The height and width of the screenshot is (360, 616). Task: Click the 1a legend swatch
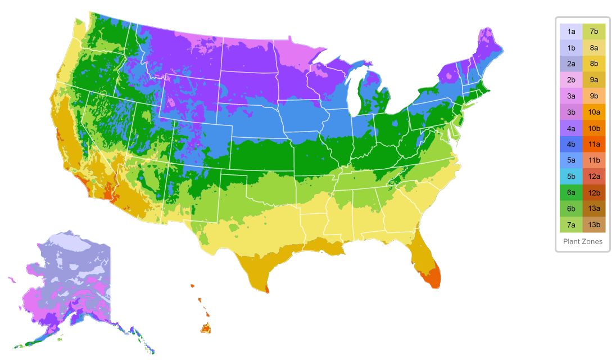coord(571,31)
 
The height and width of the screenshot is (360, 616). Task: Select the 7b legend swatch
coord(594,31)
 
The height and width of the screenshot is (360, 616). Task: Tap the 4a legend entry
coord(571,128)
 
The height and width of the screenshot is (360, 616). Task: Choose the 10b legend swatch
coord(594,128)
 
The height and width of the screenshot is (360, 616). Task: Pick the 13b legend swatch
coord(594,225)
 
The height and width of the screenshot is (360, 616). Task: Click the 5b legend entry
coord(571,177)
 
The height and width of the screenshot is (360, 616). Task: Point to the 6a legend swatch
coord(571,193)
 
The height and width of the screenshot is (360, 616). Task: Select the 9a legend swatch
coord(594,80)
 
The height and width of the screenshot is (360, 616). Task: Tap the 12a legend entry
coord(594,177)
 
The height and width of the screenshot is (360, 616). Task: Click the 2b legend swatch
coord(571,80)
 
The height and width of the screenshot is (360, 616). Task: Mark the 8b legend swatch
coord(594,64)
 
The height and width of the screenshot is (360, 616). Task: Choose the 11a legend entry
coord(594,145)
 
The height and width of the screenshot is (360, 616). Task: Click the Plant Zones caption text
coord(583,241)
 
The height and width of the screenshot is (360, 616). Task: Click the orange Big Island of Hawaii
coord(206,328)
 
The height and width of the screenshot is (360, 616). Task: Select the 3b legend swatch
coord(571,112)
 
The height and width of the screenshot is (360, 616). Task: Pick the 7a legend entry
coord(571,225)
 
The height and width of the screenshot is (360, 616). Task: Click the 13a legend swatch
coord(594,209)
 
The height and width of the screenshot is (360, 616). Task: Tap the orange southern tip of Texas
coord(266,290)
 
